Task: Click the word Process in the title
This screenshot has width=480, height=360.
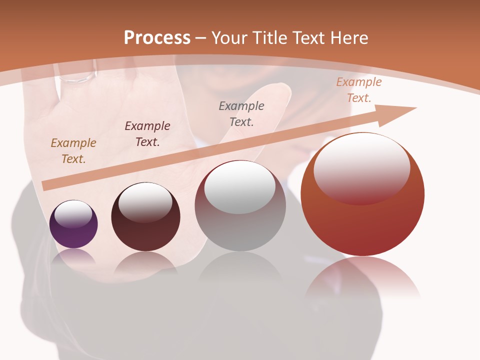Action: (157, 38)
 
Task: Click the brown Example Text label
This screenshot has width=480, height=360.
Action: (73, 151)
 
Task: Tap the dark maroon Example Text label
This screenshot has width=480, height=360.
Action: (147, 134)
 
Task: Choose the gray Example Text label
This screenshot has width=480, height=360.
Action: (241, 113)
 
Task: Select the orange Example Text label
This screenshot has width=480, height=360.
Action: (359, 90)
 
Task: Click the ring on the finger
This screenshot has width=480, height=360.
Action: (78, 77)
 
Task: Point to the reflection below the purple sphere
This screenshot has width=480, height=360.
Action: (73, 257)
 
